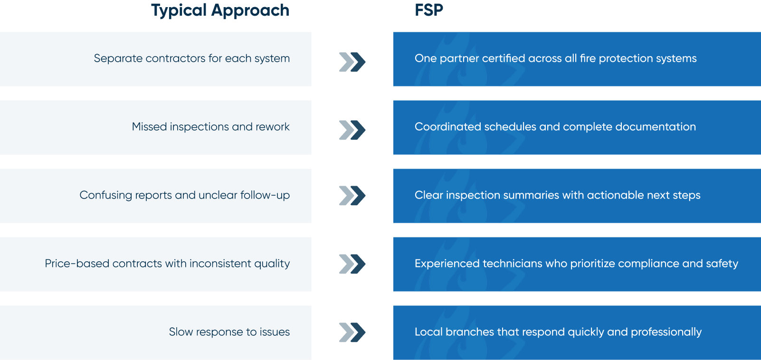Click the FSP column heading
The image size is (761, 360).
429,10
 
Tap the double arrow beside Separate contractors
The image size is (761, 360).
352,62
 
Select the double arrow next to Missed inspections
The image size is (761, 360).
352,130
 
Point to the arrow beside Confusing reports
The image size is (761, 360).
352,196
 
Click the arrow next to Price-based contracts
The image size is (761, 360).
352,264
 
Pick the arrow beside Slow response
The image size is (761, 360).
352,332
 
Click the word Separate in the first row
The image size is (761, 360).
118,59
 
